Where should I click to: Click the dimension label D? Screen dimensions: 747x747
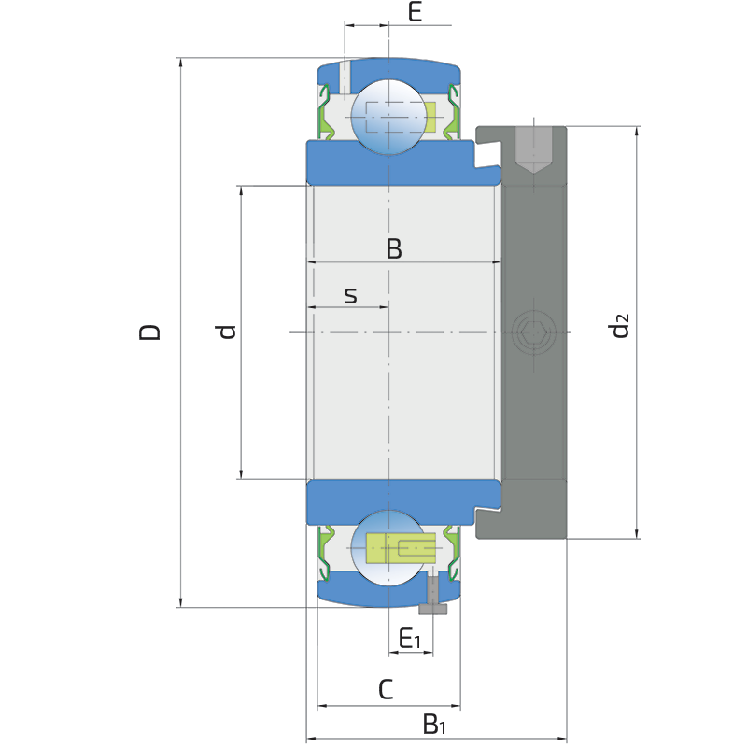[149, 332]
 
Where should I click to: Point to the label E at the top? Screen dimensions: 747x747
[415, 11]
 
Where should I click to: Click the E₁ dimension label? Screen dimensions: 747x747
[410, 639]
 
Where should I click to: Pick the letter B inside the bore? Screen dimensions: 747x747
[394, 248]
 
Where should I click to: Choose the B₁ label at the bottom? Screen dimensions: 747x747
[434, 724]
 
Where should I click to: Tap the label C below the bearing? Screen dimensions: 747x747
[386, 689]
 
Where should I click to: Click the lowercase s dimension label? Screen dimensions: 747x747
[351, 296]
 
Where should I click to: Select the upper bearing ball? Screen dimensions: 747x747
[388, 117]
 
